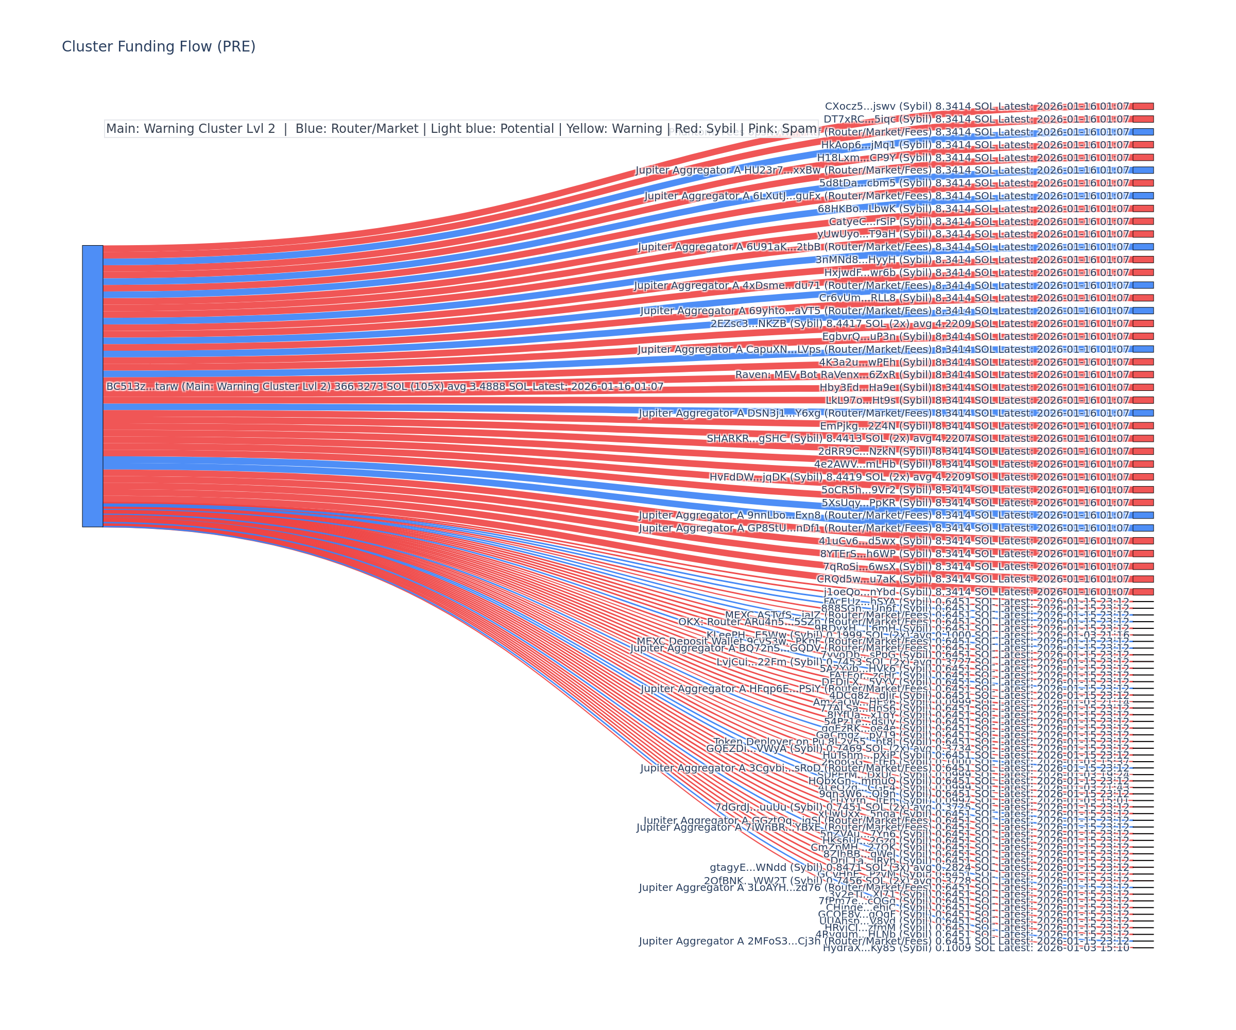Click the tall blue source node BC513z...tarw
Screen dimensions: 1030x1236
coord(92,386)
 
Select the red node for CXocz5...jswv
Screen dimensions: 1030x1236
coord(1143,107)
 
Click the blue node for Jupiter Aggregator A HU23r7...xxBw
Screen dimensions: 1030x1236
coord(1143,170)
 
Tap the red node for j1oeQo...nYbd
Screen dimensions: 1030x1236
coord(1143,592)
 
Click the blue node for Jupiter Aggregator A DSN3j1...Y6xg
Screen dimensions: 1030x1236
coord(1143,413)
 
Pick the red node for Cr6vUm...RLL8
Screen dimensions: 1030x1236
coord(1143,298)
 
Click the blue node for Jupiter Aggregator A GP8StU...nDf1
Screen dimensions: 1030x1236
coord(1143,528)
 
